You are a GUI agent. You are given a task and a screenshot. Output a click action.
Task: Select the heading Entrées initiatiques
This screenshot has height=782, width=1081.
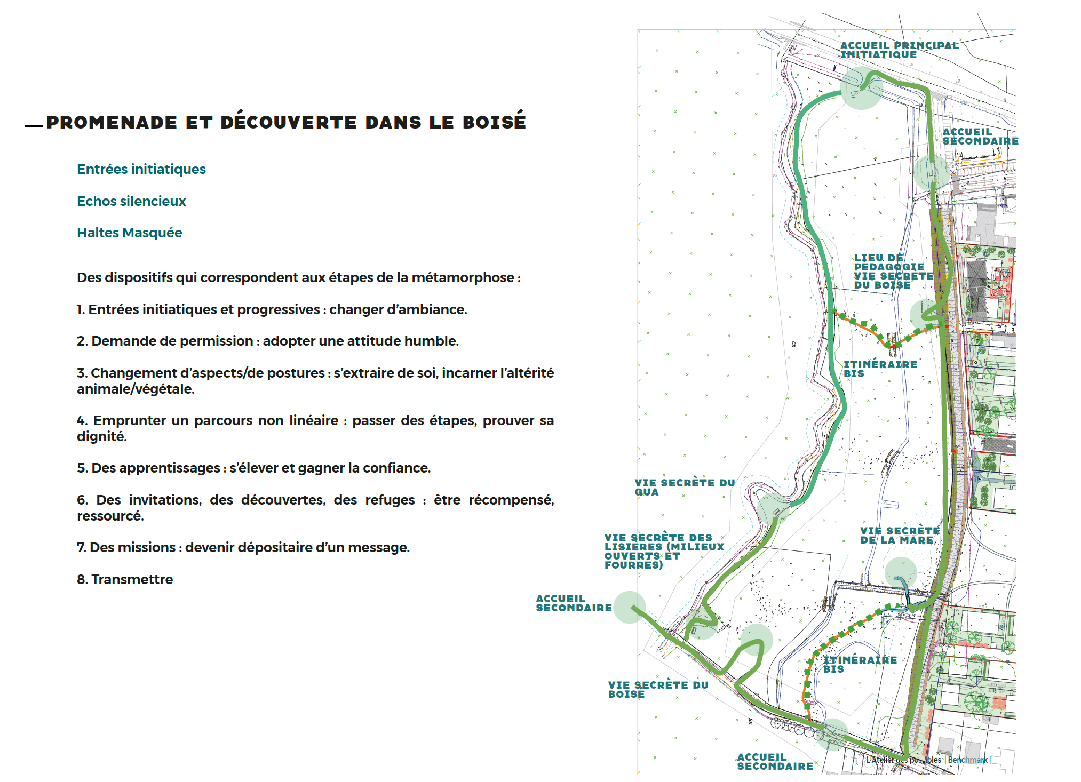[141, 169]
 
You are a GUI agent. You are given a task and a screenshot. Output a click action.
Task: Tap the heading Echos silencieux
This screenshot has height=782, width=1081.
[131, 201]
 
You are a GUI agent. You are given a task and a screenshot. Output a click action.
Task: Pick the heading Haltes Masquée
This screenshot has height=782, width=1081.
[130, 233]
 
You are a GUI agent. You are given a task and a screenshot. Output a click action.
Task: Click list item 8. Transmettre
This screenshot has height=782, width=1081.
[125, 579]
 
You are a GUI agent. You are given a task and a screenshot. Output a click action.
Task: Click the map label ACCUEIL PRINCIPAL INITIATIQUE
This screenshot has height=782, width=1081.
[899, 50]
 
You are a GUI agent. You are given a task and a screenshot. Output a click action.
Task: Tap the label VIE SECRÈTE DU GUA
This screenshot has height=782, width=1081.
[685, 487]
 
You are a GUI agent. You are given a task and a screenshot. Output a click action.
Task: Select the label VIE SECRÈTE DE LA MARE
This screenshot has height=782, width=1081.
[900, 535]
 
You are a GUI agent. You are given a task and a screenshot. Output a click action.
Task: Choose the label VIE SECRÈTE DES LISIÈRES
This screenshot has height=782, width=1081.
[664, 551]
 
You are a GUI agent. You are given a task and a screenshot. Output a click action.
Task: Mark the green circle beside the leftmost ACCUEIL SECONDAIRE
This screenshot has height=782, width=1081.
[630, 607]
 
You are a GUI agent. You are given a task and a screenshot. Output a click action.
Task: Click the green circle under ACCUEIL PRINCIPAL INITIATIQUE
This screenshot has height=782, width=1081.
[861, 89]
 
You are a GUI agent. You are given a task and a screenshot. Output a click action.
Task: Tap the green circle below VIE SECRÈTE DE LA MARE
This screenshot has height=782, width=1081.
[901, 573]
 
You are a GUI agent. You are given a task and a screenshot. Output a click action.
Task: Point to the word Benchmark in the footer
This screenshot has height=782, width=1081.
[967, 760]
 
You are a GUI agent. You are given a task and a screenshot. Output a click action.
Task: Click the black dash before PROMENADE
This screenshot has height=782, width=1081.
[34, 126]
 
